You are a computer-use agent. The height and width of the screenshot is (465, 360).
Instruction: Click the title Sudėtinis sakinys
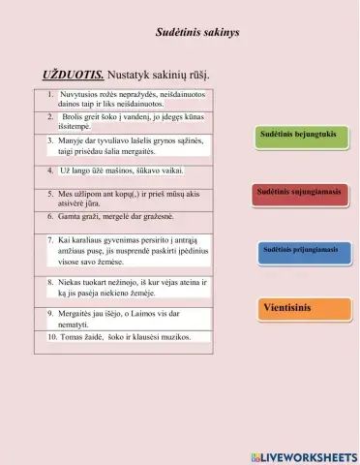tap(197, 33)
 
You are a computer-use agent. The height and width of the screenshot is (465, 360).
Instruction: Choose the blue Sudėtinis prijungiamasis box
tap(300, 250)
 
